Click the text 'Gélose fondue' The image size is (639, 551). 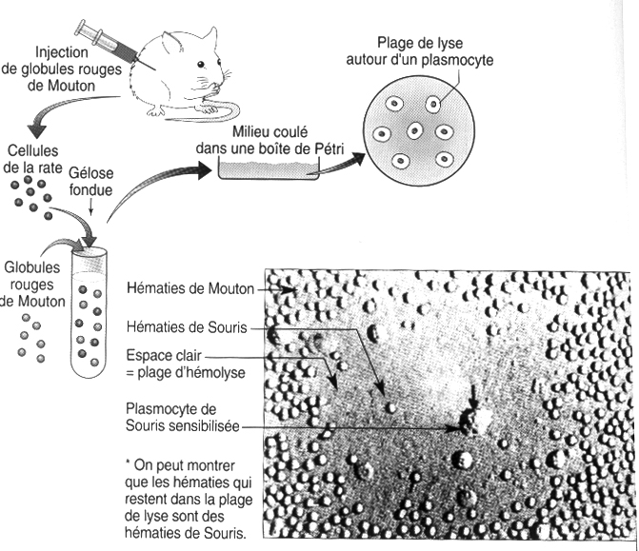click(x=91, y=182)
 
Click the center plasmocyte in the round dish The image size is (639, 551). click(x=415, y=131)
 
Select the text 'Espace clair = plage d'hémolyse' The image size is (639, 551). click(x=187, y=363)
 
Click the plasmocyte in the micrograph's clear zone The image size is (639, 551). click(x=473, y=419)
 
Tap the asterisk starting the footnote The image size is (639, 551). click(x=129, y=463)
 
